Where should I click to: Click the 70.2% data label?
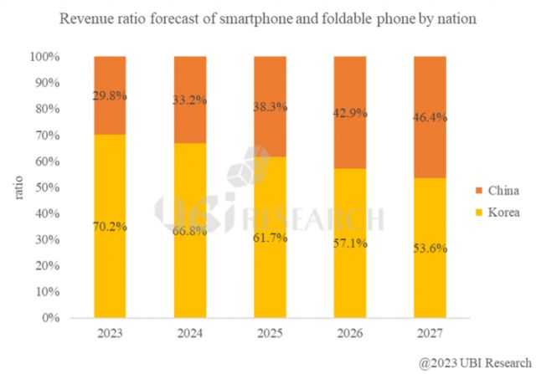coord(110,226)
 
